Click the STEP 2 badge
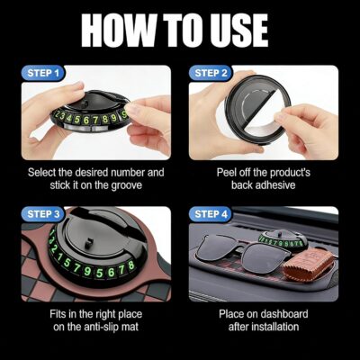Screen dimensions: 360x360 tap(212, 72)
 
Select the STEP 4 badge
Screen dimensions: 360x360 tap(212, 213)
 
